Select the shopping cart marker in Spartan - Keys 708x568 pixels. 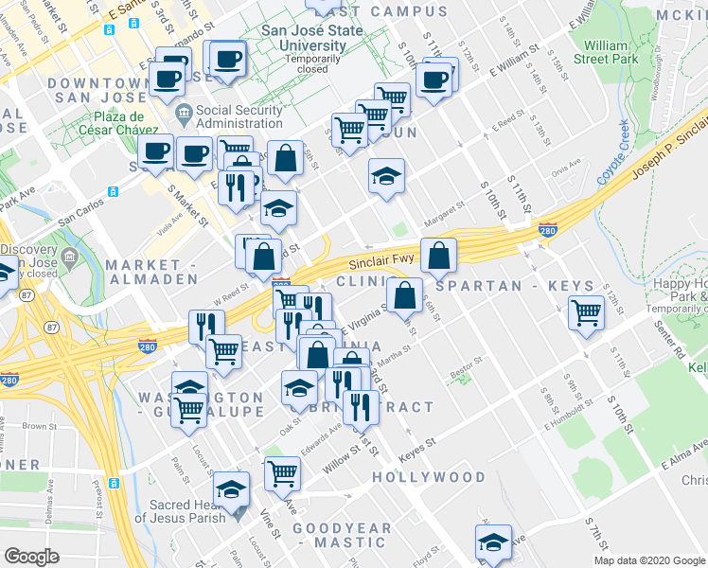coord(587,311)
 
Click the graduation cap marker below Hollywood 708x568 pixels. coord(492,544)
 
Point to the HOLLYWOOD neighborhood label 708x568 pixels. coord(428,477)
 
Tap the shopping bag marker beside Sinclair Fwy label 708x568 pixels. coord(439,255)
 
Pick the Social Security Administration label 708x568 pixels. coord(239,116)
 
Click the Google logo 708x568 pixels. coord(32,556)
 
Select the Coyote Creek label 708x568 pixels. coord(612,153)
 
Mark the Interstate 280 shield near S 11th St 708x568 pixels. coord(547,229)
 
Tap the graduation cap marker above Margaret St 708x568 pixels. coord(386,176)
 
